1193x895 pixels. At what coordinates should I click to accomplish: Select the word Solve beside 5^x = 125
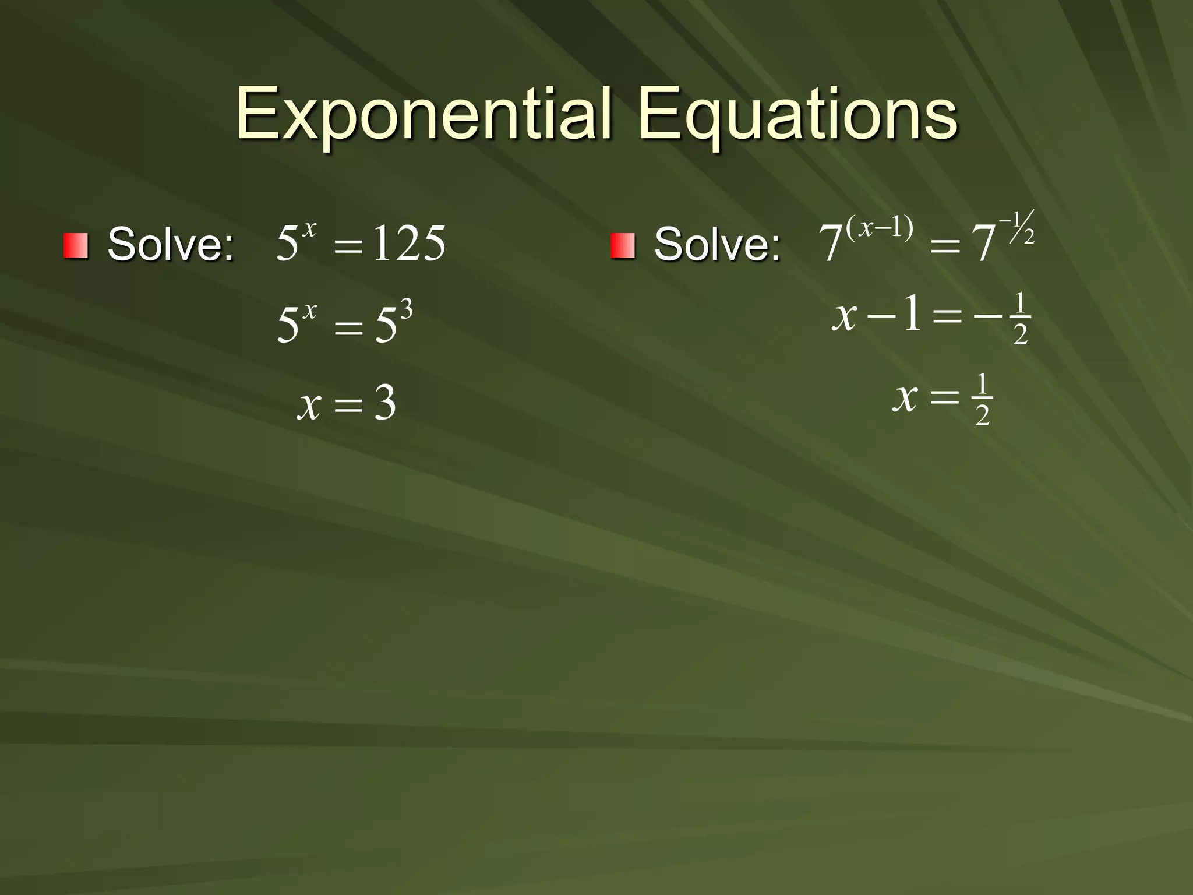pos(171,244)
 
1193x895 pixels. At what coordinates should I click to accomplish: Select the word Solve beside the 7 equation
pos(717,244)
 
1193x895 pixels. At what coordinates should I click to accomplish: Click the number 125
pos(409,244)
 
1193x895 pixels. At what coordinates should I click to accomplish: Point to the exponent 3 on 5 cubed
pos(406,309)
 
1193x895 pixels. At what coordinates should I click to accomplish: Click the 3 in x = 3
pos(385,404)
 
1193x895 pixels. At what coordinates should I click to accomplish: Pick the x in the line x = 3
pos(309,405)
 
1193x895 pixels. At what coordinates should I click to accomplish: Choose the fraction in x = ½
pos(982,400)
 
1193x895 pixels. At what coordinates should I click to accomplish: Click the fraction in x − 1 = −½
pos(1019,319)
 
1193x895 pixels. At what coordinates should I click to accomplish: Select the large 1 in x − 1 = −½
pos(912,313)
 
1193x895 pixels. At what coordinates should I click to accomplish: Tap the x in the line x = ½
pos(905,398)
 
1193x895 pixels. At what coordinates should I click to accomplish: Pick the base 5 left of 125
pos(287,244)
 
